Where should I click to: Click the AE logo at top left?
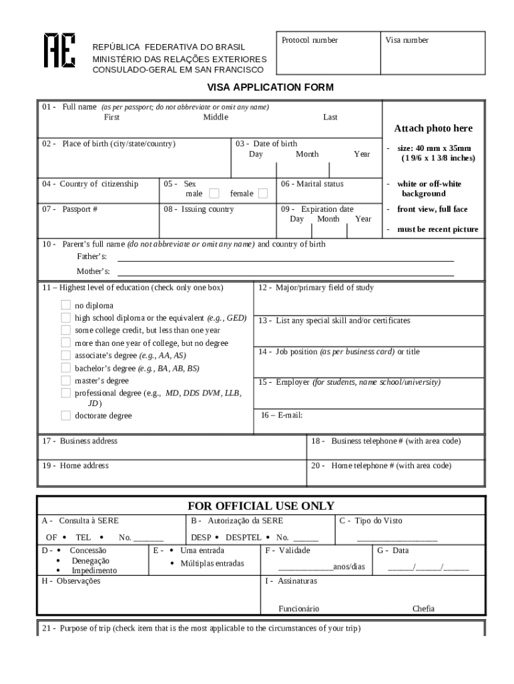pos(59,50)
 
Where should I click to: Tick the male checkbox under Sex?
pos(214,194)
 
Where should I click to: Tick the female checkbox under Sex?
pos(263,194)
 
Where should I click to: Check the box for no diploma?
pos(65,305)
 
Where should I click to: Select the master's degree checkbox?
pos(65,381)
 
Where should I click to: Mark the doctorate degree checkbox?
pos(65,415)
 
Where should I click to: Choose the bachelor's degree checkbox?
pos(65,368)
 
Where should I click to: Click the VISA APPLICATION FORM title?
pos(270,88)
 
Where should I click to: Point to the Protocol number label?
pos(309,40)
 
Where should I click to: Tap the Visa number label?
pos(407,40)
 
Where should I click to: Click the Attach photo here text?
pos(433,128)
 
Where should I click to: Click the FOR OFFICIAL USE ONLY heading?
pos(260,506)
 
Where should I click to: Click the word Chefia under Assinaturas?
pos(423,609)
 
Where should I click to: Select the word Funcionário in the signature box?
pos(298,609)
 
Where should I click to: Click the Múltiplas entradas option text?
pos(212,563)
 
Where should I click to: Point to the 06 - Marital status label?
pos(312,184)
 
